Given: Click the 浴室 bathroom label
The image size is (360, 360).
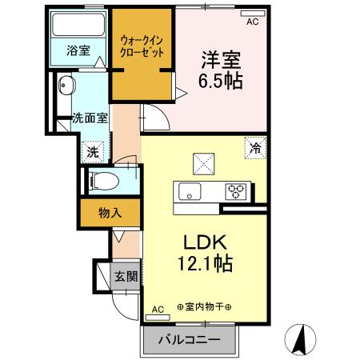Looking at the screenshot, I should (78, 50).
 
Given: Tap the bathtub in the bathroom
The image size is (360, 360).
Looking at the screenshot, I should (78, 26).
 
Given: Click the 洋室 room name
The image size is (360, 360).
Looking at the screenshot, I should (219, 58).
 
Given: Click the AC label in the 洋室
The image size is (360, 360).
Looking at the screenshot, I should (253, 22).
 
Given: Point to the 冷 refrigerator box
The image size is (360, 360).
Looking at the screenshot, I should (255, 148).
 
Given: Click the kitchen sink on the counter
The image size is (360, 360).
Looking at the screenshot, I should (190, 192).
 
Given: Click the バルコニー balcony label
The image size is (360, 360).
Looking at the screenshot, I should (190, 337).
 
